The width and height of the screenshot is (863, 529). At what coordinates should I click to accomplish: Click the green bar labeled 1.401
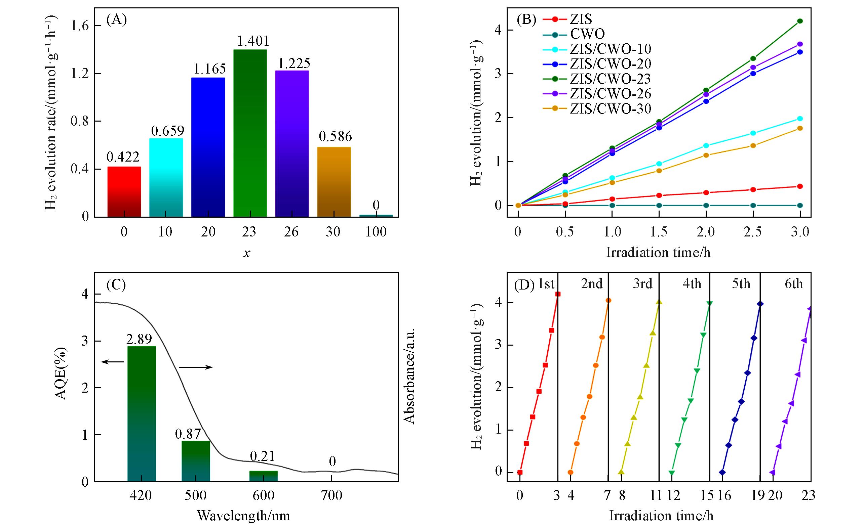pyautogui.click(x=250, y=133)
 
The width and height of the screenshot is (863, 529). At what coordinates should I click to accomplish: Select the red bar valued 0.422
pyautogui.click(x=124, y=191)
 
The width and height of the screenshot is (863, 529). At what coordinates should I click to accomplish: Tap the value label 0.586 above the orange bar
pyautogui.click(x=335, y=136)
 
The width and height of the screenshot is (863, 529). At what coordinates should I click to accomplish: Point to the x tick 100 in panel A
pyautogui.click(x=376, y=232)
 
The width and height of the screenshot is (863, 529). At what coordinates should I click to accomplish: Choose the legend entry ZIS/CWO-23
pyautogui.click(x=610, y=79)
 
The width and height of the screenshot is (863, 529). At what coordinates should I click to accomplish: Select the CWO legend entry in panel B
pyautogui.click(x=587, y=34)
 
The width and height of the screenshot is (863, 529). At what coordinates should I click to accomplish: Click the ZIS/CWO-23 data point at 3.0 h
pyautogui.click(x=799, y=21)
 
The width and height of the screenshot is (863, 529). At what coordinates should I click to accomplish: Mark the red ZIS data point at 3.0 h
pyautogui.click(x=799, y=186)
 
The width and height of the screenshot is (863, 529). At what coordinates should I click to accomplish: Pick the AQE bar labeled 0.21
pyautogui.click(x=263, y=476)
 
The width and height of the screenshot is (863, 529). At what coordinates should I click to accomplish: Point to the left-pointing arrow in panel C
pyautogui.click(x=112, y=362)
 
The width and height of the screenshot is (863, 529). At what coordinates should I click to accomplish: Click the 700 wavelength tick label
pyautogui.click(x=332, y=496)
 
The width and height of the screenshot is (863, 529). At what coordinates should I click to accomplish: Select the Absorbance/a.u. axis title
pyautogui.click(x=409, y=376)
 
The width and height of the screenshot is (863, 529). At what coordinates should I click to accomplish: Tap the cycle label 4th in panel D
pyautogui.click(x=692, y=284)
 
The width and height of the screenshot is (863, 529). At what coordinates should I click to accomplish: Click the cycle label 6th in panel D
pyautogui.click(x=794, y=284)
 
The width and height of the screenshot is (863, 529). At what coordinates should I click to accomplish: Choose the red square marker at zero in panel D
pyautogui.click(x=520, y=472)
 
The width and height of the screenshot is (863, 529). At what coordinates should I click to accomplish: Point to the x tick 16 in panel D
pyautogui.click(x=724, y=496)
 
